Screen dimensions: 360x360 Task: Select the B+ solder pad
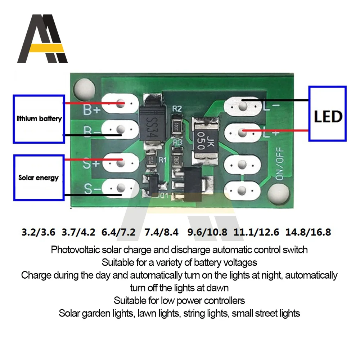[x=120, y=104]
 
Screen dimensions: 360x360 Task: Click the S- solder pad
[x=120, y=188]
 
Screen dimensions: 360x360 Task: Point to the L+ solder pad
[x=243, y=132]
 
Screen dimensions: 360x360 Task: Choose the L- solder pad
[x=243, y=106]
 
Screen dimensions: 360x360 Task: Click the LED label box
[x=328, y=113]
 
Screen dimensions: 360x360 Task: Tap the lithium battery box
[x=39, y=119]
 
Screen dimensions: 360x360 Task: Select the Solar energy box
[x=39, y=177]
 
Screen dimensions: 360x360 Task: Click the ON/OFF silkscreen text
[x=279, y=163]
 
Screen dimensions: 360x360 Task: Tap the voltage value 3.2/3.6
[x=38, y=232]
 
